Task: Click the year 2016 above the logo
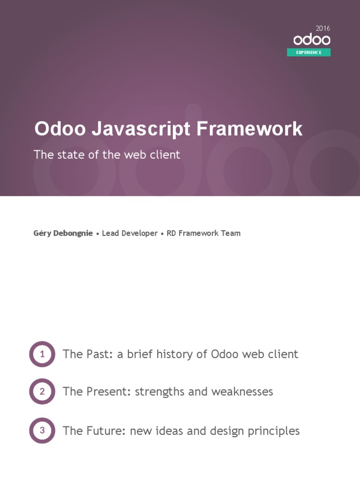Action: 323,29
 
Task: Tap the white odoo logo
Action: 312,40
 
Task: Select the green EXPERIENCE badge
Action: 308,52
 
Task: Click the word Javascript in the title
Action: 141,129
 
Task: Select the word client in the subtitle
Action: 165,155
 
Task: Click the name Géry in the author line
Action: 42,233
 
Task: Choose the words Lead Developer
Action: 130,233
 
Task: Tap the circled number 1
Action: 42,354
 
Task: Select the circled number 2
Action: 42,391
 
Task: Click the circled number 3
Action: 42,430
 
